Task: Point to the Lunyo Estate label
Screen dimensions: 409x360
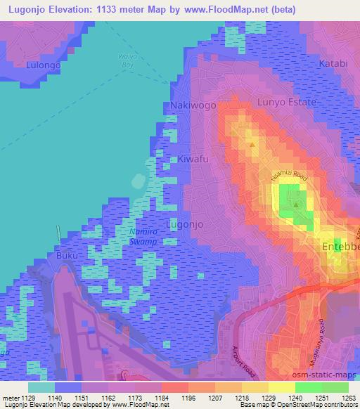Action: click(288, 102)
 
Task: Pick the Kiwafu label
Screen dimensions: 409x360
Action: click(193, 160)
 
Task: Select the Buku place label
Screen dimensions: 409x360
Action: click(67, 256)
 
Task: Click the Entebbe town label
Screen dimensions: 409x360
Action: click(340, 248)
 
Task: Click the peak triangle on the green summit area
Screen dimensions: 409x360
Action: click(296, 205)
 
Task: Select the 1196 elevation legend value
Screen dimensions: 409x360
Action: click(188, 398)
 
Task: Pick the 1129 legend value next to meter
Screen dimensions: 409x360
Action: click(29, 398)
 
